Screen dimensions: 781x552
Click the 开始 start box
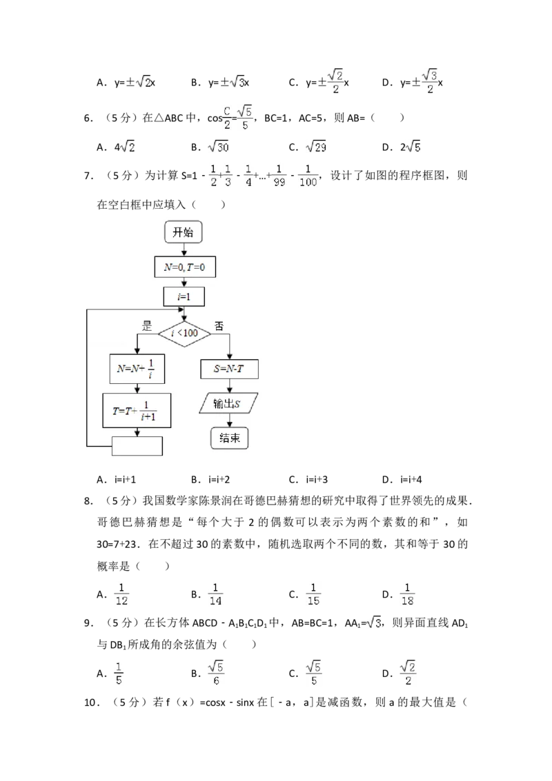pos(183,233)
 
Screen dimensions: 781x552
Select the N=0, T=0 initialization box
pos(184,267)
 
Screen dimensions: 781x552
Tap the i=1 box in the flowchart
pos(184,296)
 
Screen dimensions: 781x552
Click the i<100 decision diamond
pos(184,334)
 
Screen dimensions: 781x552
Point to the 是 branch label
pos(146,326)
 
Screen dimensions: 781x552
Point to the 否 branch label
pos(219,326)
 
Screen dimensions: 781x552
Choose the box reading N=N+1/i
pos(137,369)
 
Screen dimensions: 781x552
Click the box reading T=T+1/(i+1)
pos(137,411)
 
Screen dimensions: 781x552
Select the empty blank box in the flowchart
pos(137,446)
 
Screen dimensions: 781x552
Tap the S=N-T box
pos(230,369)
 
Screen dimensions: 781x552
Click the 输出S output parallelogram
pos(228,403)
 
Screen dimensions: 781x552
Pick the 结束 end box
pos(229,438)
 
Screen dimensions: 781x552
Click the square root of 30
pos(218,147)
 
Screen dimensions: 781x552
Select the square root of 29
pos(317,147)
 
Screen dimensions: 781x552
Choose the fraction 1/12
pos(121,594)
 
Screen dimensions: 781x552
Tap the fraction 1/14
pos(215,594)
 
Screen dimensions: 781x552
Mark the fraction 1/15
pos(314,594)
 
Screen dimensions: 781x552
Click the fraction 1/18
pos(408,594)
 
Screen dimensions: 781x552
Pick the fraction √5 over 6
pos(215,673)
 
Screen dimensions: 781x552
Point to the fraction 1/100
pos(308,175)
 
